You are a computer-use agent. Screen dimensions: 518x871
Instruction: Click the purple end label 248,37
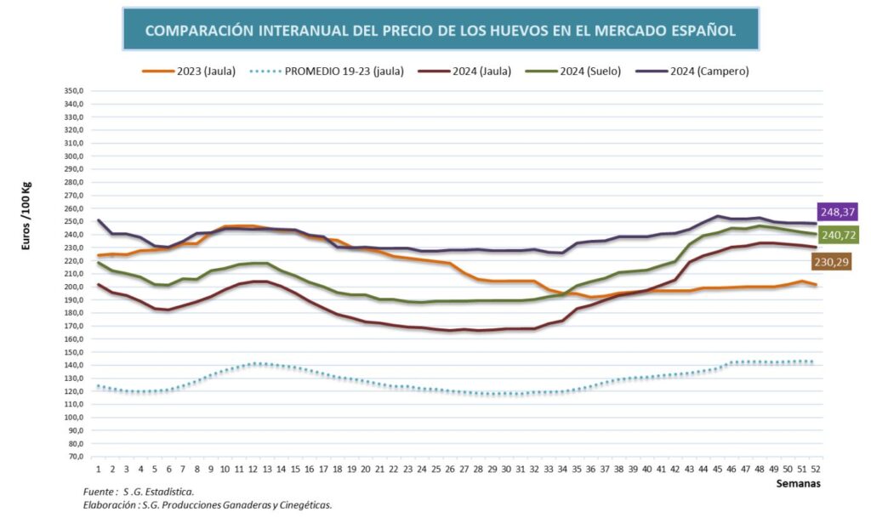pyautogui.click(x=838, y=212)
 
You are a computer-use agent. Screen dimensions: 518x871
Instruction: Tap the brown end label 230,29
pyautogui.click(x=838, y=262)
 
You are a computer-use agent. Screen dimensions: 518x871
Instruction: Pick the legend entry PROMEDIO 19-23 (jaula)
pyautogui.click(x=340, y=71)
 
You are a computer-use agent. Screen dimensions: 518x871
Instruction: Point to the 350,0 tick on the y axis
pyautogui.click(x=73, y=91)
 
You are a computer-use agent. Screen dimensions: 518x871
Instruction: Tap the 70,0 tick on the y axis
pyautogui.click(x=73, y=458)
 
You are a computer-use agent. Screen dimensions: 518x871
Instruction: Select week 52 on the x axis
pyautogui.click(x=816, y=469)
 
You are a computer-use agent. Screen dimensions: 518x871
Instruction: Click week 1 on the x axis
pyautogui.click(x=99, y=469)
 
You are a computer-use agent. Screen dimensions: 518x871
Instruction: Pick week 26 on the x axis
pyautogui.click(x=450, y=469)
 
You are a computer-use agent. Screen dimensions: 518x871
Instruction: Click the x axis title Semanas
pyautogui.click(x=800, y=484)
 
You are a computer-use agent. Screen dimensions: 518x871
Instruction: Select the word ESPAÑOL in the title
pyautogui.click(x=701, y=31)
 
